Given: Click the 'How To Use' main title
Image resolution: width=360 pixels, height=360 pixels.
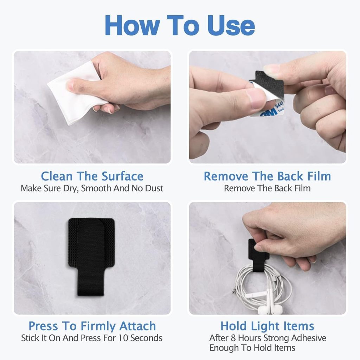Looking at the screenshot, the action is pyautogui.click(x=180, y=25).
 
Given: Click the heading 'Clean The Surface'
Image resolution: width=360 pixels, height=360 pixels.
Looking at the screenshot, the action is pyautogui.click(x=92, y=176).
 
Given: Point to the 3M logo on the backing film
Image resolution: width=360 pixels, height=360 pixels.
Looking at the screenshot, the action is pyautogui.click(x=269, y=112).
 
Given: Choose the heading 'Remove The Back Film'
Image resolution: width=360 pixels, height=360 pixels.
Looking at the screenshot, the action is pyautogui.click(x=267, y=176).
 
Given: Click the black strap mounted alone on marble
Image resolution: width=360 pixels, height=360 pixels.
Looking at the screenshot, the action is pyautogui.click(x=91, y=256).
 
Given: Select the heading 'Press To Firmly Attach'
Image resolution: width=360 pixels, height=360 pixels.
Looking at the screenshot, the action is pyautogui.click(x=92, y=326).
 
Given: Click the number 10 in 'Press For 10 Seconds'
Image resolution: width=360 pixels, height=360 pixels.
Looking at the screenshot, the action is pyautogui.click(x=123, y=338).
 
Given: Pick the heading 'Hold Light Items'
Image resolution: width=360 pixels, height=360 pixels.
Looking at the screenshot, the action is pyautogui.click(x=267, y=326).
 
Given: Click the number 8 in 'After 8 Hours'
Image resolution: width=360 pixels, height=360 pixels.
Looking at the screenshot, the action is pyautogui.click(x=233, y=338).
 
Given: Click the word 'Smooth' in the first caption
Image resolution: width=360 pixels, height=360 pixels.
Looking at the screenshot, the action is pyautogui.click(x=96, y=188).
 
